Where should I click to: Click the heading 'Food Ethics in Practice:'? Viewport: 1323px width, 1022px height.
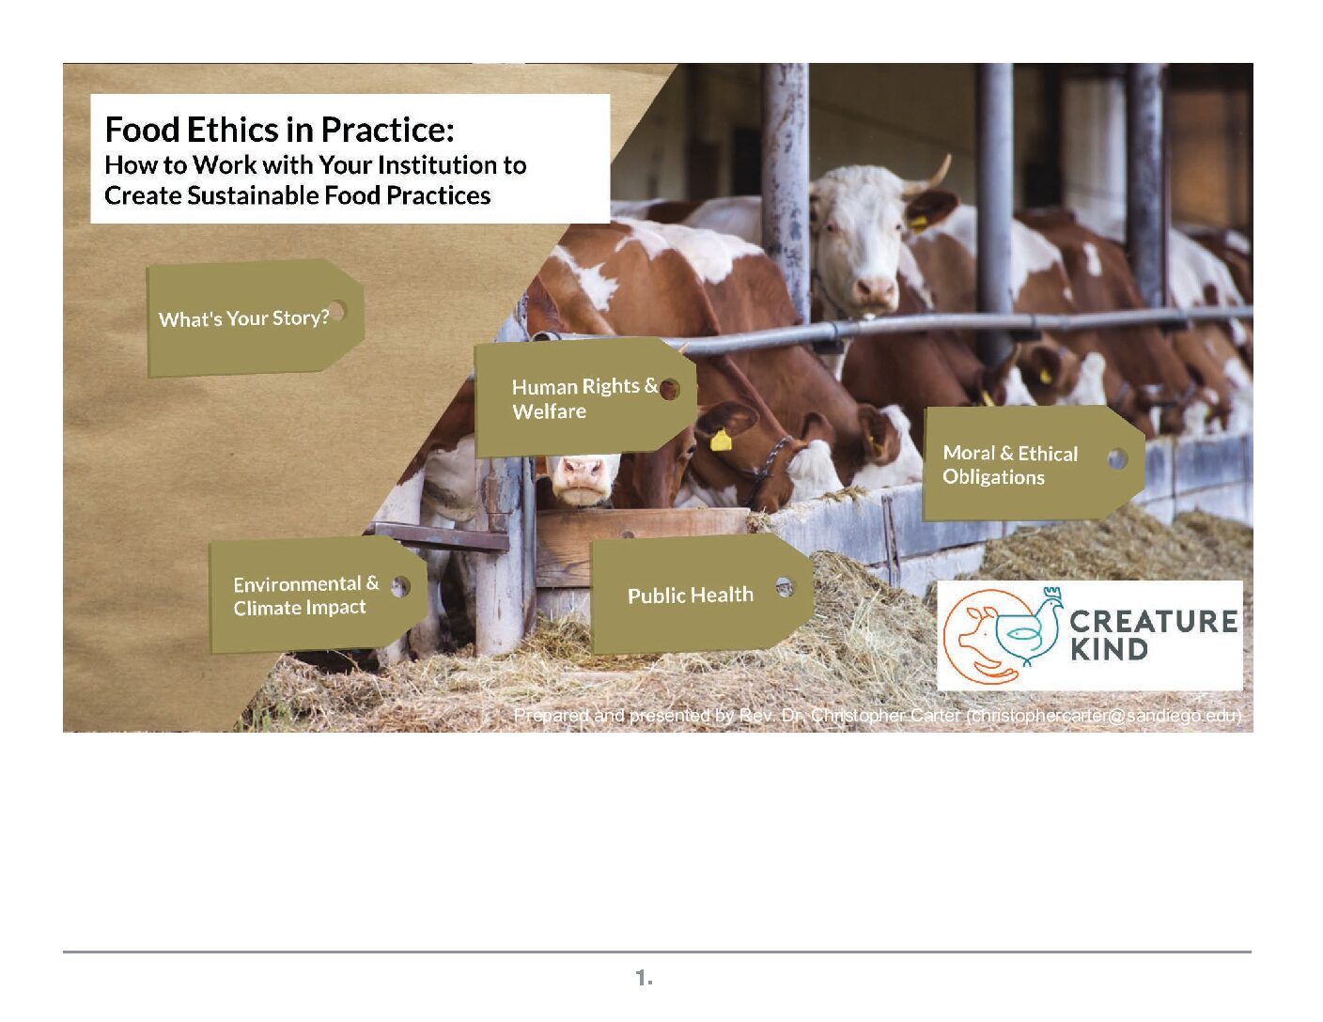pyautogui.click(x=279, y=130)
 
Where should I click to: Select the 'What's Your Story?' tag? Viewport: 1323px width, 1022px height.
pyautogui.click(x=256, y=317)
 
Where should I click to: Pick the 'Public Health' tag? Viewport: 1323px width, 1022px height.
pyautogui.click(x=701, y=594)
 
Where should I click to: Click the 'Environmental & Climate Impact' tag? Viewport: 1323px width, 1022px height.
pyautogui.click(x=318, y=595)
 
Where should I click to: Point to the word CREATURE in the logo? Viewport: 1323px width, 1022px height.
pyautogui.click(x=1154, y=622)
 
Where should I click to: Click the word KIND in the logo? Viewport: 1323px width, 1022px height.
pyautogui.click(x=1109, y=649)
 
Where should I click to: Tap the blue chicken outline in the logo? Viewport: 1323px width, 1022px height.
pyautogui.click(x=1029, y=627)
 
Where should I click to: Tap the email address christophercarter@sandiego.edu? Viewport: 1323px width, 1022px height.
pyautogui.click(x=1103, y=716)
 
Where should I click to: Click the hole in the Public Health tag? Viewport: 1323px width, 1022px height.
pyautogui.click(x=786, y=587)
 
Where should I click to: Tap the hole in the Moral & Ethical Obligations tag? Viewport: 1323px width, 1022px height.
pyautogui.click(x=1117, y=459)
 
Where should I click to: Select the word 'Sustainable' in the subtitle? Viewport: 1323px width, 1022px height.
pyautogui.click(x=253, y=196)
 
